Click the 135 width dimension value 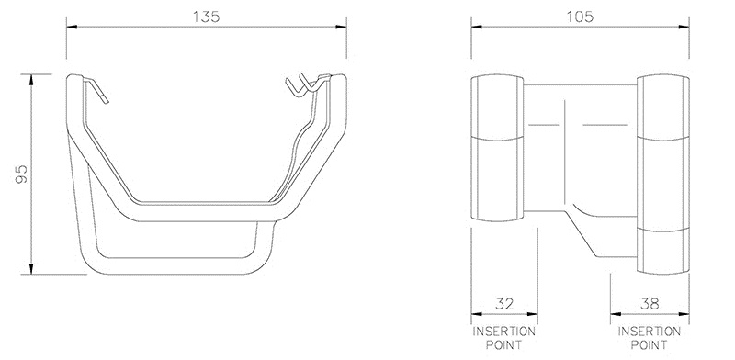point(206,17)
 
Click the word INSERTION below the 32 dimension point(504,331)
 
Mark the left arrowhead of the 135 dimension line point(69,28)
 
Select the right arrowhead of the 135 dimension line point(345,28)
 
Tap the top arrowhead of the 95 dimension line point(31,74)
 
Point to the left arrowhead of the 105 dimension point(474,28)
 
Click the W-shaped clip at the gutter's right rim point(305,84)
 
